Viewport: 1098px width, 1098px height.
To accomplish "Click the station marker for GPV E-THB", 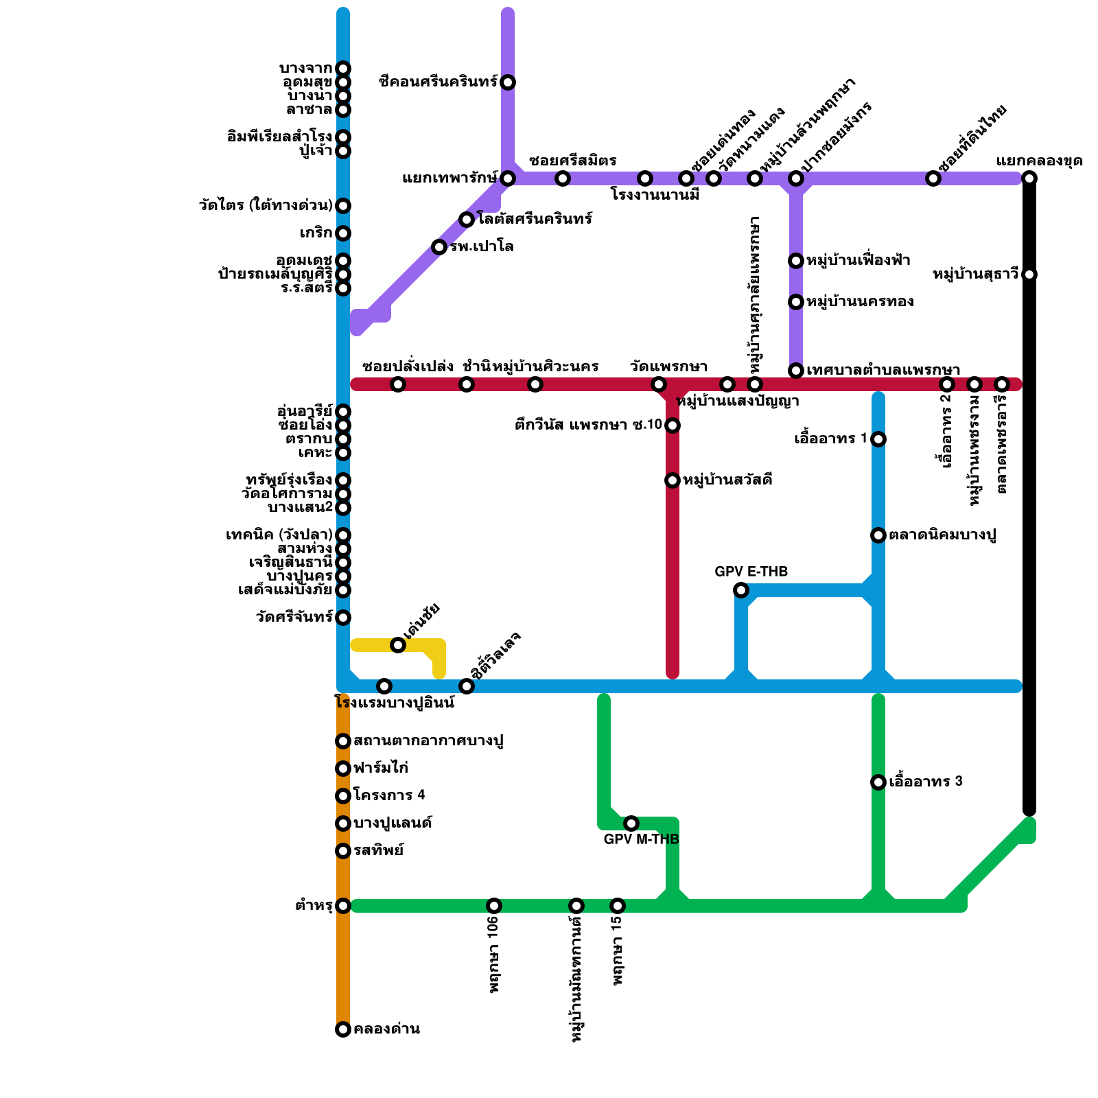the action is pos(741,590).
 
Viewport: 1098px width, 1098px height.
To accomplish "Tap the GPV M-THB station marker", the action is pos(631,823).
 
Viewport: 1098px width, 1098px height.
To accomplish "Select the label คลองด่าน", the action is pos(387,1029).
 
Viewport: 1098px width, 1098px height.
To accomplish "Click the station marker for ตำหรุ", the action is pos(343,906).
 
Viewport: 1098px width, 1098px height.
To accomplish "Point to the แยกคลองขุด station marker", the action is pos(1029,178).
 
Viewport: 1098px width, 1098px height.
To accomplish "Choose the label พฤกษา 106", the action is pos(494,955).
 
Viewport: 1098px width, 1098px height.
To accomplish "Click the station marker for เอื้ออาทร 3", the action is pos(878,782).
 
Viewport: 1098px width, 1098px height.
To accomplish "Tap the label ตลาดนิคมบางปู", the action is pos(942,535).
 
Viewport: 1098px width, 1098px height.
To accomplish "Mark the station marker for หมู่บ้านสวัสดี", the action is pos(673,480).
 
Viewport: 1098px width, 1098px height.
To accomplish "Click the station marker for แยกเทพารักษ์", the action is pos(508,178).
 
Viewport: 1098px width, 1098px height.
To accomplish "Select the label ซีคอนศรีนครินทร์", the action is pos(438,82).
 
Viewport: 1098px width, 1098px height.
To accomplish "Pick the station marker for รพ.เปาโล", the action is pos(439,247).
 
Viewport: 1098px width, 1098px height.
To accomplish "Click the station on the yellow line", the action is pos(398,645).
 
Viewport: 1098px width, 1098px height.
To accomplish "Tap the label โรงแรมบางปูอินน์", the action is pos(395,703).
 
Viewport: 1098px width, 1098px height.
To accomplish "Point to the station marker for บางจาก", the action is pos(343,69).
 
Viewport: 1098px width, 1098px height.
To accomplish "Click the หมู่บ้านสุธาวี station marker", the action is pos(1029,274).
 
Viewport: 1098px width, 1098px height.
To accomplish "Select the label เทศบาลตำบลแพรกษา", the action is pos(883,371).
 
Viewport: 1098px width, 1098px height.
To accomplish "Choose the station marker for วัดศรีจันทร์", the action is pos(343,618).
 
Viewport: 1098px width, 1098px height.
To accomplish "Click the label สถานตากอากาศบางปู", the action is pos(429,741).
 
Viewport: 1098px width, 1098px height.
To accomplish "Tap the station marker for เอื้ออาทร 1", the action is pos(878,439).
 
